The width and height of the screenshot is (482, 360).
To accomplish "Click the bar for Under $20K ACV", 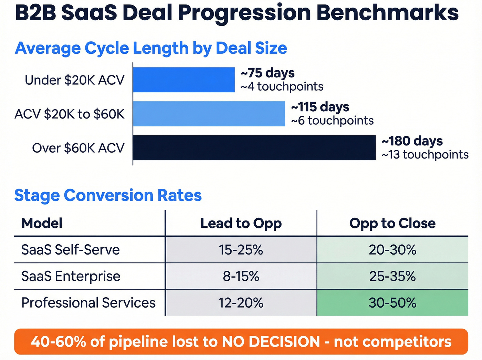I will (184, 80).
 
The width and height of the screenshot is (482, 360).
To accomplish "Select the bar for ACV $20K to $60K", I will (209, 114).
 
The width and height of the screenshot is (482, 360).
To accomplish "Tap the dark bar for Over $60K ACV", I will (254, 148).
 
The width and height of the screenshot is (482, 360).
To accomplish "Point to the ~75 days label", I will (268, 73).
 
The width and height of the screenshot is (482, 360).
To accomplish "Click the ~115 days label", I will (320, 107).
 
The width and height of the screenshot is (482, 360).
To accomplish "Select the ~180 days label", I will (412, 141).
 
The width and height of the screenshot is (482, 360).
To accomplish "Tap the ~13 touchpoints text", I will (425, 155).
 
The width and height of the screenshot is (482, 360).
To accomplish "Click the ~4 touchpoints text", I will (282, 86).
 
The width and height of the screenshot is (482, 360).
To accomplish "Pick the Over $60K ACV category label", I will (78, 148).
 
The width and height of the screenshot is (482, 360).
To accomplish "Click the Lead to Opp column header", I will (241, 223).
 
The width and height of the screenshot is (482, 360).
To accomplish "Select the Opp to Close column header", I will (392, 223).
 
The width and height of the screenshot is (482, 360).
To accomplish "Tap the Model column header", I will (42, 223).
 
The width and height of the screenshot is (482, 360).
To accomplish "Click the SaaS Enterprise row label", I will (71, 276).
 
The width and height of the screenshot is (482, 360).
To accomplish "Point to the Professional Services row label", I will (88, 303).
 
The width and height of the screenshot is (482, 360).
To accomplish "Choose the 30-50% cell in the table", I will (392, 303).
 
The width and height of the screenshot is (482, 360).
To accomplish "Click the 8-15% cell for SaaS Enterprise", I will (241, 276).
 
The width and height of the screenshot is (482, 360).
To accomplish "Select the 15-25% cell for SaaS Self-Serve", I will (241, 250).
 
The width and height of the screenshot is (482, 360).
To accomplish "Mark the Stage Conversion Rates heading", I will (108, 195).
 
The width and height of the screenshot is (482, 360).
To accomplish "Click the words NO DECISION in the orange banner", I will (271, 342).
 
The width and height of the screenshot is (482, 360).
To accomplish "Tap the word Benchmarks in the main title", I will (387, 13).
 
